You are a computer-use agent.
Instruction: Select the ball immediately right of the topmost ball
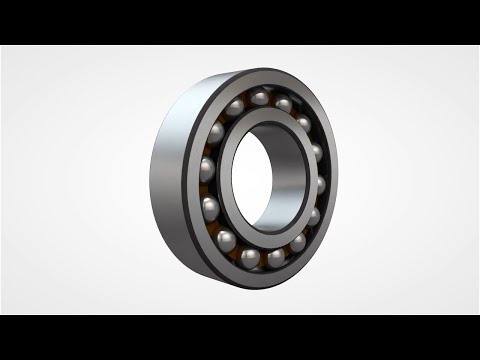(284, 103)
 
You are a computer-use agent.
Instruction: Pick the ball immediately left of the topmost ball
(237, 105)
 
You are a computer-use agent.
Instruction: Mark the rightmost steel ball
(322, 186)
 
